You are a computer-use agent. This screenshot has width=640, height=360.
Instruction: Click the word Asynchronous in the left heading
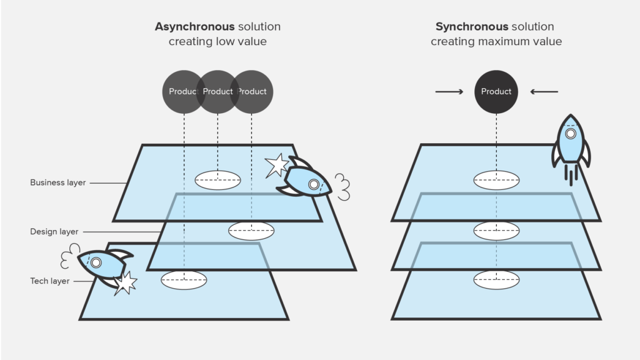tap(194, 27)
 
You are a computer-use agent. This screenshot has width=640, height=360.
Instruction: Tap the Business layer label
tap(57, 183)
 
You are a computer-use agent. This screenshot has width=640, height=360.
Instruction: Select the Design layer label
tap(54, 232)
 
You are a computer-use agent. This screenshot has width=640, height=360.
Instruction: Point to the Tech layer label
tap(49, 281)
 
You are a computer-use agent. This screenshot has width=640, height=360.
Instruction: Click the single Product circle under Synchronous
tap(496, 91)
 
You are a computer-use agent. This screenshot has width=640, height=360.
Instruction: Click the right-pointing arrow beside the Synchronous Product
tap(449, 92)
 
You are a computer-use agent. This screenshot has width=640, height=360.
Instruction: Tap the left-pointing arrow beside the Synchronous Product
tap(544, 92)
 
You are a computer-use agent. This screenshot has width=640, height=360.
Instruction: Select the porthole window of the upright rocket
tap(571, 134)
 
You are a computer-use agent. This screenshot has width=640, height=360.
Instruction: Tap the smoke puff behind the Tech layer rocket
tap(69, 259)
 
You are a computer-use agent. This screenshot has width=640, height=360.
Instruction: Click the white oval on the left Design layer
tap(251, 230)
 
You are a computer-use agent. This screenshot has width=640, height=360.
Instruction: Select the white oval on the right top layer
tap(496, 180)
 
